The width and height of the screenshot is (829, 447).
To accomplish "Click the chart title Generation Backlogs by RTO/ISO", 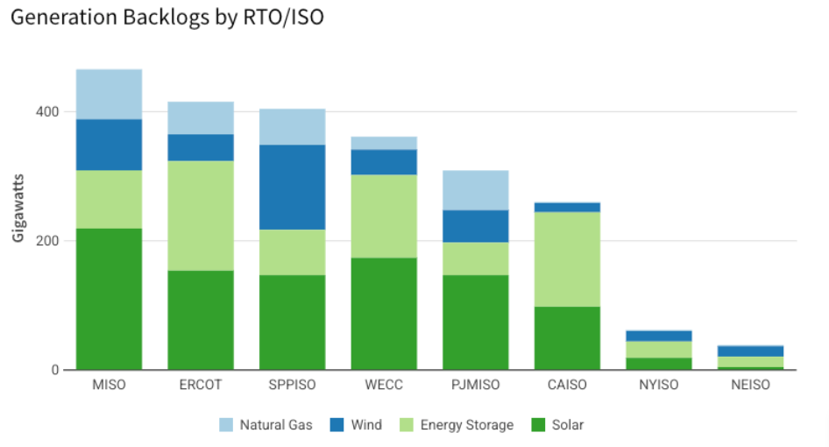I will [x=165, y=18].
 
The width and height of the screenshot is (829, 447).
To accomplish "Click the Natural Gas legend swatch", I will [x=226, y=425].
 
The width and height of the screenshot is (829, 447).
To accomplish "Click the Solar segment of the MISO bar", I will [x=109, y=299].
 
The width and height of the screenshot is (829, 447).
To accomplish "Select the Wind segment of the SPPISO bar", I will [x=292, y=187].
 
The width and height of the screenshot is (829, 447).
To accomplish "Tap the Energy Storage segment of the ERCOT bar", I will [x=201, y=216].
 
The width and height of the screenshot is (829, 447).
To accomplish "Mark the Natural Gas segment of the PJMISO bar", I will [x=475, y=190].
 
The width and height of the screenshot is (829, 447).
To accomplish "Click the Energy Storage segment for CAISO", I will [x=567, y=259].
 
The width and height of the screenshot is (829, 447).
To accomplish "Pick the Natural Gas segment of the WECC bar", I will [x=384, y=143].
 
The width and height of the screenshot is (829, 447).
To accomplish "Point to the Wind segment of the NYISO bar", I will [x=658, y=336].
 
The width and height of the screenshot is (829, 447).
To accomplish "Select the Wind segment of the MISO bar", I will [x=109, y=145].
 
